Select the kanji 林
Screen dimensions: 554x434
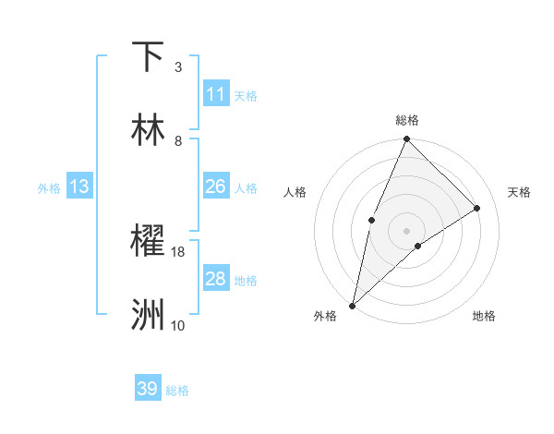click(149, 130)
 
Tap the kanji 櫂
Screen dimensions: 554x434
click(149, 241)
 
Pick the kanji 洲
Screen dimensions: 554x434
click(149, 315)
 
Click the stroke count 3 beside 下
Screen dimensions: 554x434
click(178, 66)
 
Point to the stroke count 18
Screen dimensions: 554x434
click(178, 251)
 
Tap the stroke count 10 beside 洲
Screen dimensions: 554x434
click(178, 325)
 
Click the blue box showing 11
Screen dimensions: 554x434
click(216, 94)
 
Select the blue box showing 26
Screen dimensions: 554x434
click(216, 187)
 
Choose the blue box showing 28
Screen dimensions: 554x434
click(216, 279)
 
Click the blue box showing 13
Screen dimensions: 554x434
click(79, 187)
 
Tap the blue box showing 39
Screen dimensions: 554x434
click(148, 389)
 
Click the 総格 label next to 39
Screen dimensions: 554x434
click(178, 391)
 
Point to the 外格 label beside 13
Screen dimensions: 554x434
click(49, 188)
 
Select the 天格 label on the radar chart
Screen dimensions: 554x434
click(520, 192)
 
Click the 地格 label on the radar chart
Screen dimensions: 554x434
click(484, 316)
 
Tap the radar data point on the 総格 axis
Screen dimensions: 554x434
click(406, 139)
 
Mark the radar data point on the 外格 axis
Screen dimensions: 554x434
click(353, 305)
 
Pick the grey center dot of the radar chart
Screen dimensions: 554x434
click(406, 231)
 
